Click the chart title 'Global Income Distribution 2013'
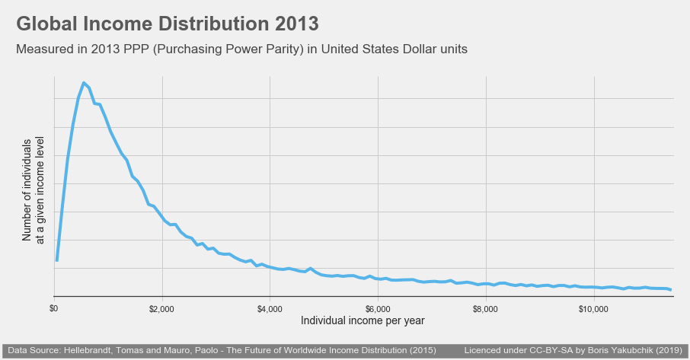pos(168,24)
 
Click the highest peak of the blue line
pos(84,83)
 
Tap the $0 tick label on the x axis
pos(53,309)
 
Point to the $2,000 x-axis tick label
pos(161,309)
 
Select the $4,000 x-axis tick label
pos(270,309)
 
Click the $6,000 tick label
pos(378,309)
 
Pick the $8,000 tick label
pos(485,309)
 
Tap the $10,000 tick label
pos(593,309)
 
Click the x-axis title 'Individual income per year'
pos(363,320)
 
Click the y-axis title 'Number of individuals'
pos(27,190)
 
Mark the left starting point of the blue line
pos(57,260)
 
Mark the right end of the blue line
pos(670,290)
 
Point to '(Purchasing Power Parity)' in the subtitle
pos(228,49)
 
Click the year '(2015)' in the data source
pos(423,350)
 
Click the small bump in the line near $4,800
pos(310,268)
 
